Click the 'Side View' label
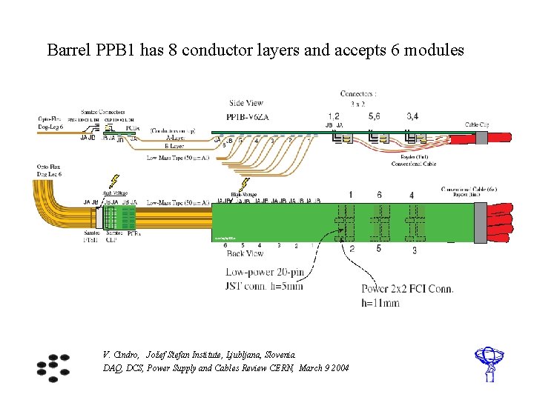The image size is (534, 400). [247, 104]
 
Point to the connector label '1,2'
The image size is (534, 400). [334, 116]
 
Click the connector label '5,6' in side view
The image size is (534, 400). [374, 116]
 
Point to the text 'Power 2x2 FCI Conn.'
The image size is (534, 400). [408, 289]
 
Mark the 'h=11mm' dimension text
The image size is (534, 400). [381, 302]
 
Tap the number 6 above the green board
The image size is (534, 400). [379, 194]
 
